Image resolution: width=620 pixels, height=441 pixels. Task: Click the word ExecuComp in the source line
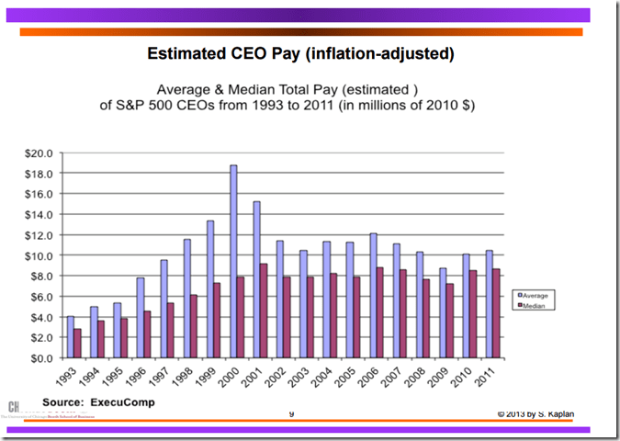[x=122, y=401]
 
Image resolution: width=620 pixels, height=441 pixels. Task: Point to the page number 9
[x=291, y=414]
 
